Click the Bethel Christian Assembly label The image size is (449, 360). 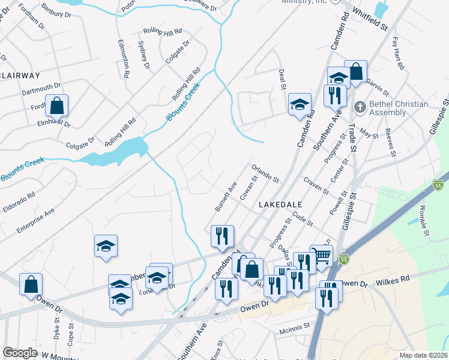(399, 108)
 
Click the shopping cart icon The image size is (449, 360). (322, 256)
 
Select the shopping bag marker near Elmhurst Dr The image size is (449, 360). (56, 106)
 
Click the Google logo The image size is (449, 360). (20, 353)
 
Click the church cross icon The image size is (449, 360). (360, 107)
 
